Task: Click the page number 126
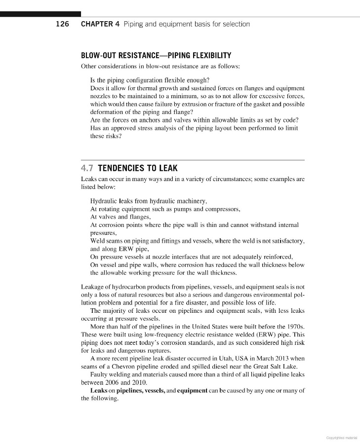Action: pos(63,24)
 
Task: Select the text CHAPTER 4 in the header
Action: pos(100,24)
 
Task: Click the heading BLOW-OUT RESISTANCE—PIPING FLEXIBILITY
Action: pos(156,55)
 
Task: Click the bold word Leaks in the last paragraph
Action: pos(99,390)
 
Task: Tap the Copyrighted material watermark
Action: pos(342,437)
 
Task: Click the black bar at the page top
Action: pos(40,14)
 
